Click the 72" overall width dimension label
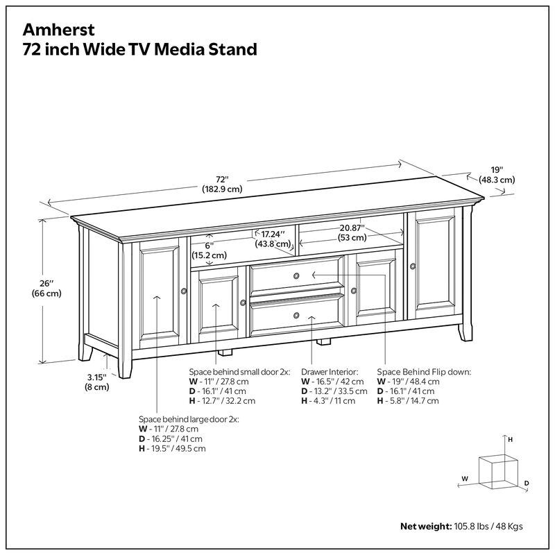pos(221,182)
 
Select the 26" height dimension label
pos(46,288)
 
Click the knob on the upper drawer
pos(296,276)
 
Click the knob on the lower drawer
pos(296,316)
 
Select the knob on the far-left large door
pos(184,291)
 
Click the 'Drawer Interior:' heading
pos(330,372)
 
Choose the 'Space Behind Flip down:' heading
pos(424,372)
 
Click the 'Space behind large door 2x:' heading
pos(188,420)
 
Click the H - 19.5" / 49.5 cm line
pos(172,449)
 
